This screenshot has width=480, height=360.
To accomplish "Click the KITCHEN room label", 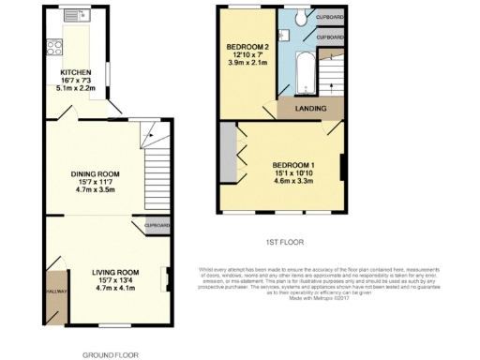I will [x=76, y=71].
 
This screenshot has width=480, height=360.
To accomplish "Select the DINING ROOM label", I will [x=96, y=173].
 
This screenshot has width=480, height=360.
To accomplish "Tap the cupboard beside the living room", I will [x=157, y=226].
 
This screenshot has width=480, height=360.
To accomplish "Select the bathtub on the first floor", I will [x=305, y=73].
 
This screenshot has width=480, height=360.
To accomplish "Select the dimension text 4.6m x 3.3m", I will [x=293, y=180].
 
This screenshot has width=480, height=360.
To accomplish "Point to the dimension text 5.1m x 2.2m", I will [x=76, y=89].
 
